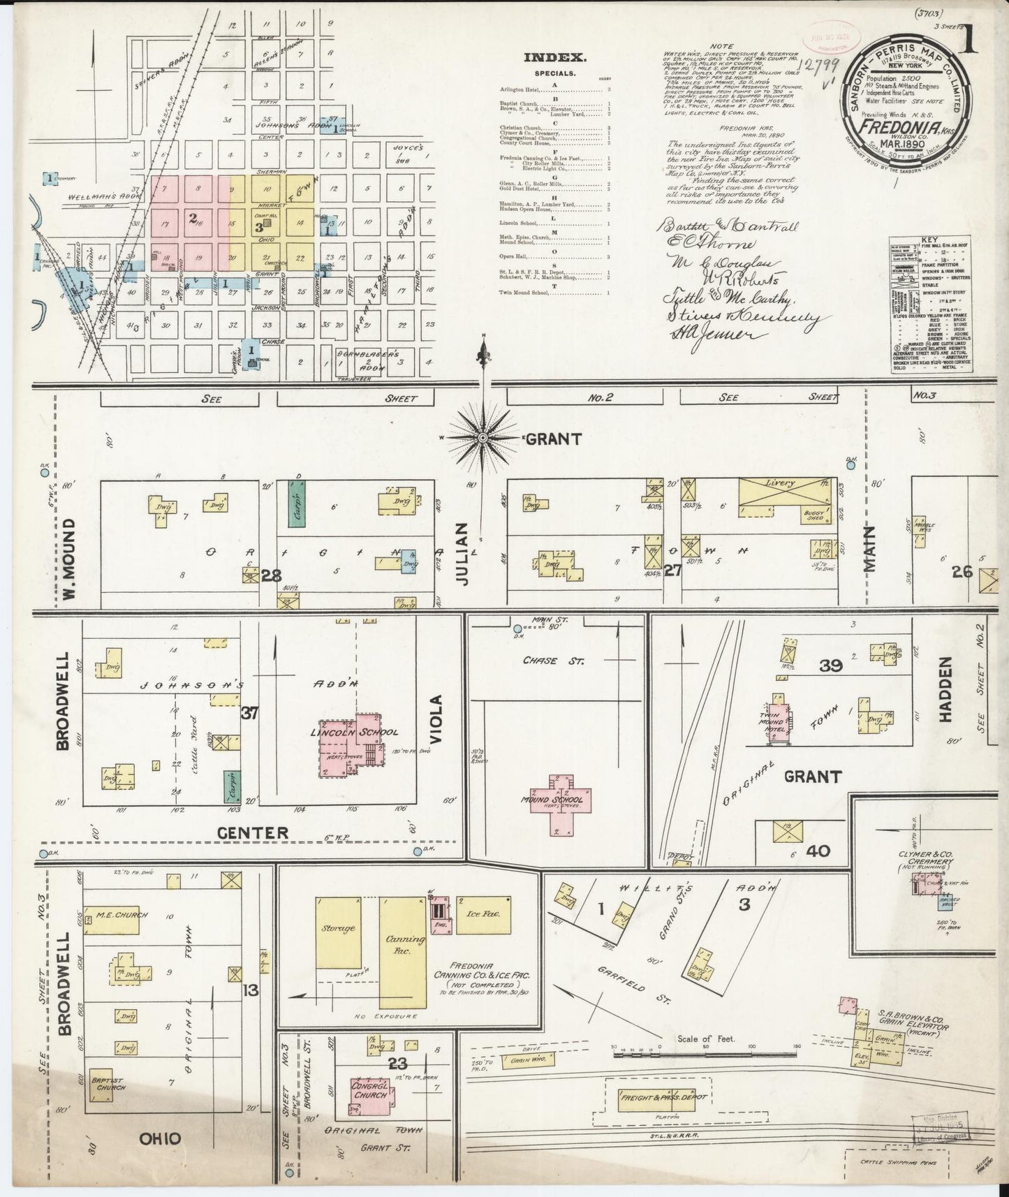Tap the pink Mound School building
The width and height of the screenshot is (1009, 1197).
pos(558,802)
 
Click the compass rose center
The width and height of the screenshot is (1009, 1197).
pos(482,438)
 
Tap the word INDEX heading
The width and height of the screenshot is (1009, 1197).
pos(555,59)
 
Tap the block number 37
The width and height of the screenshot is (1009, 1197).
pos(250,712)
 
